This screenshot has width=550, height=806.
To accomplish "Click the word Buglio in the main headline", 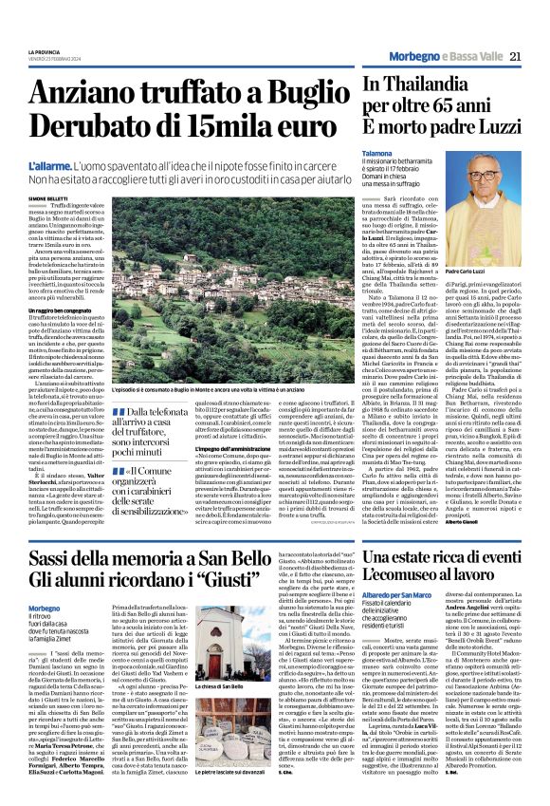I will click(x=290, y=93).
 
